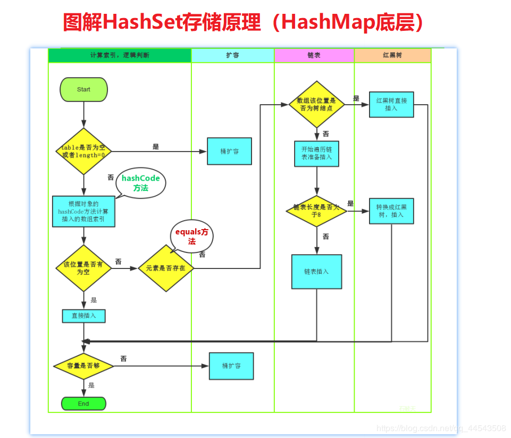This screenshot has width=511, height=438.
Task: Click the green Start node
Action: (x=83, y=89)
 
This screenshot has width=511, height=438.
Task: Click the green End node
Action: (x=83, y=403)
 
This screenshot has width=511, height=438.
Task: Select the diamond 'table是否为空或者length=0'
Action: (x=83, y=151)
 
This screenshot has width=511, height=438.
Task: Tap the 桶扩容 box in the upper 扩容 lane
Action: (x=229, y=151)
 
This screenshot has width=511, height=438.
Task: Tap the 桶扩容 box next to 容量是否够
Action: (x=231, y=366)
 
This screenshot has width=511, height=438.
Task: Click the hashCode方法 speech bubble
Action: (x=140, y=183)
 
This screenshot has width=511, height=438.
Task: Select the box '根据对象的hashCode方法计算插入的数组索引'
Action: (x=83, y=211)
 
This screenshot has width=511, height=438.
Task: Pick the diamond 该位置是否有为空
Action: (x=83, y=268)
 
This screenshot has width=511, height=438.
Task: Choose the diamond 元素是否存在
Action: (x=166, y=268)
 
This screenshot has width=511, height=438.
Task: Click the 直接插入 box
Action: (x=83, y=316)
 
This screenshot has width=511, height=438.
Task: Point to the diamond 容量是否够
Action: (x=83, y=366)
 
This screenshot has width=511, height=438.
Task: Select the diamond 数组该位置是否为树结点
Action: (x=317, y=104)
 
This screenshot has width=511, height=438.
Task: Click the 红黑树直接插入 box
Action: (x=391, y=104)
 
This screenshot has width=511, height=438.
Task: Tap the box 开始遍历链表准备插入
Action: (x=317, y=153)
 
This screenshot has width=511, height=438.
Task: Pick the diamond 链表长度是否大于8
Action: (x=316, y=211)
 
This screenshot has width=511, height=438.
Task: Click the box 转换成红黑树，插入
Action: (x=391, y=211)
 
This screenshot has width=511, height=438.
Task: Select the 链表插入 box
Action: (x=316, y=271)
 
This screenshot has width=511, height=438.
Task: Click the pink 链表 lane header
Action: (x=314, y=55)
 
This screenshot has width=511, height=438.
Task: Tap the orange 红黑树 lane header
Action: (x=392, y=55)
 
